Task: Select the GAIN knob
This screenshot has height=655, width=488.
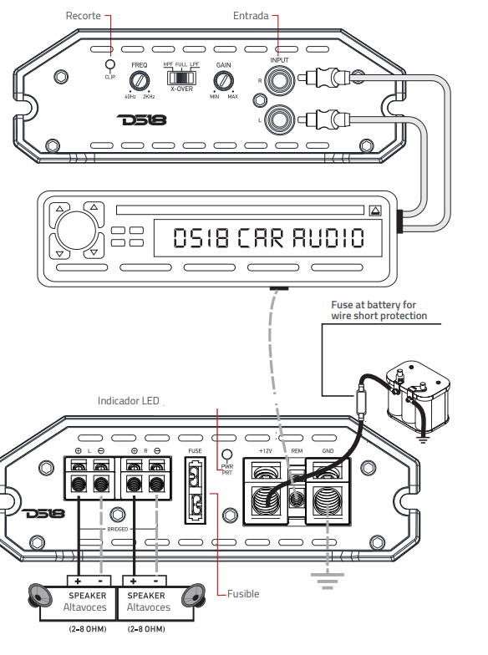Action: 223,80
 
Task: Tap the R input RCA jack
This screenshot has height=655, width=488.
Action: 279,80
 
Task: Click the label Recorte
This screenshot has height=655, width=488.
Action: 84,16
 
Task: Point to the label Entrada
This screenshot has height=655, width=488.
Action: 251,16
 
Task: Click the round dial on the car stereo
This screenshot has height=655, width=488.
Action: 76,229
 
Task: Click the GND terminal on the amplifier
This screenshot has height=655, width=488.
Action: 325,500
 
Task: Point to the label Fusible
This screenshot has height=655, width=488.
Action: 243,594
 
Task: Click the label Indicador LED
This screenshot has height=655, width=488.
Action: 128,402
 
